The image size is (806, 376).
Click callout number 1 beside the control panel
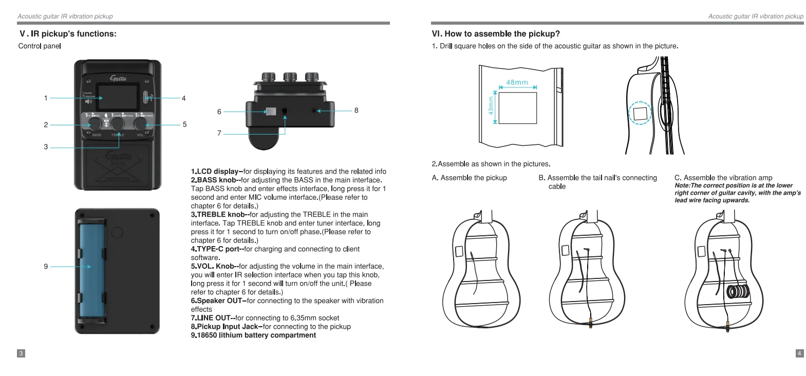(x=46, y=98)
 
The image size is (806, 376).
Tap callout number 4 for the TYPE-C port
(x=183, y=98)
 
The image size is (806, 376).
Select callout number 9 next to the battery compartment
(x=46, y=266)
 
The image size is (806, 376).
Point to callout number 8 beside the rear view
(x=356, y=110)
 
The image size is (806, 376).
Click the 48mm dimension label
(x=517, y=82)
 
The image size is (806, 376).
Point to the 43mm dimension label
(x=491, y=105)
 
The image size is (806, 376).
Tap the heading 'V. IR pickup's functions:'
(x=68, y=34)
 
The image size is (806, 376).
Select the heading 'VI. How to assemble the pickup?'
(x=496, y=34)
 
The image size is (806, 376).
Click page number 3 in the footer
(x=21, y=353)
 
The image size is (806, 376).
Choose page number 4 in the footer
(x=799, y=353)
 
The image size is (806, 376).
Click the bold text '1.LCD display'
(x=216, y=172)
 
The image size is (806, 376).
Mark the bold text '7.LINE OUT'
(x=212, y=318)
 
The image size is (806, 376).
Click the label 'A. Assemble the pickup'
(x=469, y=178)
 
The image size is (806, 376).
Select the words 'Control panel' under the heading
(x=40, y=46)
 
